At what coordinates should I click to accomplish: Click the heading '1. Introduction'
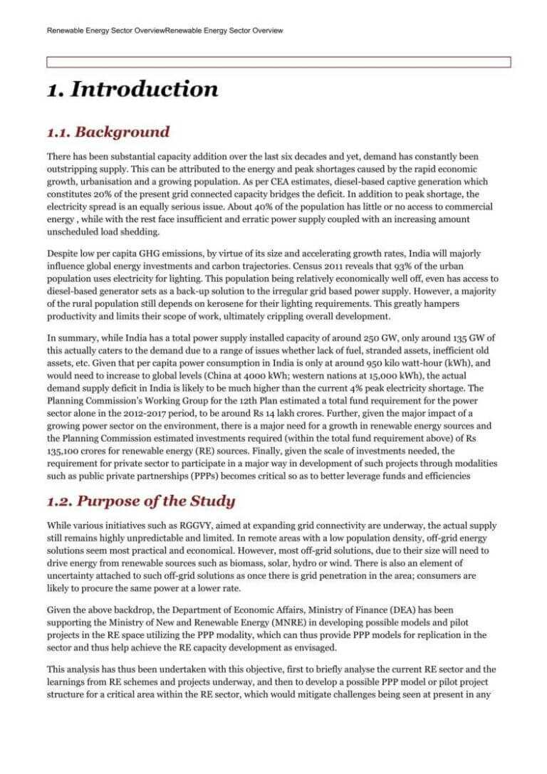coord(132,90)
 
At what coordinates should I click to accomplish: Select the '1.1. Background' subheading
coord(108,132)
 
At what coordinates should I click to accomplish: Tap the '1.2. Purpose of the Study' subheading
coord(141,501)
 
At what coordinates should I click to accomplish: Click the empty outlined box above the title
coord(278,62)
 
